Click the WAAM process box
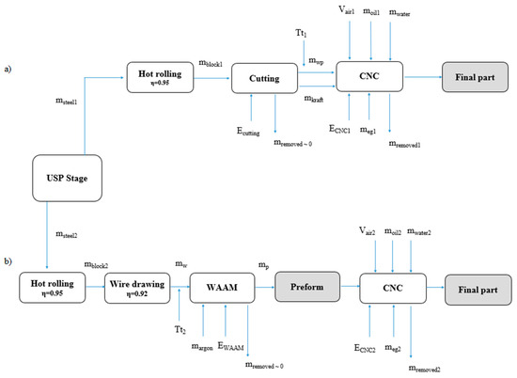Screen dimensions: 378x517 [x=220, y=286]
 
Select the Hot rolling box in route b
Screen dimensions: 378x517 [x=47, y=286]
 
